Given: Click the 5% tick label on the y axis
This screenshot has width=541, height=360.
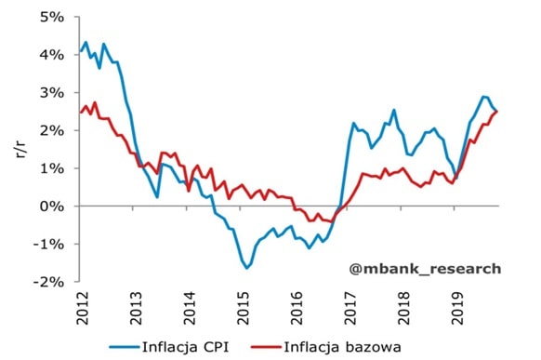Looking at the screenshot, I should (54, 17).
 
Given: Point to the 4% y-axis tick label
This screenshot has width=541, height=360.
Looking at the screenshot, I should (54, 55).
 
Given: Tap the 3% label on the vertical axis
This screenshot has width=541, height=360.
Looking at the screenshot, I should (54, 93).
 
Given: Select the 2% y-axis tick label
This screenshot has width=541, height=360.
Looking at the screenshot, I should (54, 130).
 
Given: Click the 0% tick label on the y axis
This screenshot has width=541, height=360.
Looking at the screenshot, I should (54, 206).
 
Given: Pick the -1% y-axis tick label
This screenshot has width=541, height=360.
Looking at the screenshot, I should (50, 244).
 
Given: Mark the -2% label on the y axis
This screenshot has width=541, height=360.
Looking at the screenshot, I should (50, 281).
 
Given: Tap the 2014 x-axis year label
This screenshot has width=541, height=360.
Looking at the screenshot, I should (190, 303).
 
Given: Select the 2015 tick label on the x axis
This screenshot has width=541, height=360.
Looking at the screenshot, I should (244, 303).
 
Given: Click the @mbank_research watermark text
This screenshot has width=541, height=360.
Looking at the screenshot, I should (424, 269).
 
